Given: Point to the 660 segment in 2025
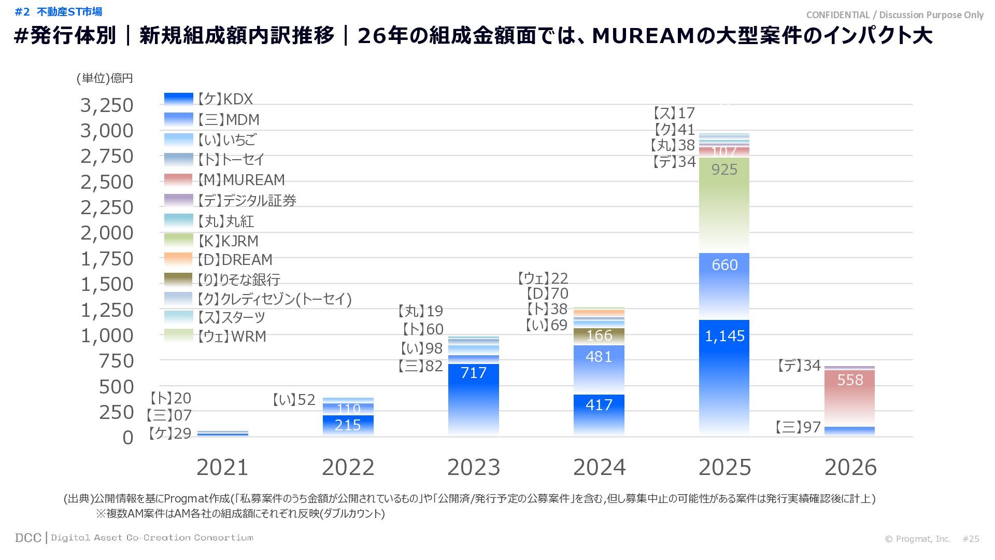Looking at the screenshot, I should (724, 286).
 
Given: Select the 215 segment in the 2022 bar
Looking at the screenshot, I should (348, 425).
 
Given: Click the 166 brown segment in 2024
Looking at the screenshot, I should (599, 336).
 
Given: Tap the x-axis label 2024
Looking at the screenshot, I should (599, 467).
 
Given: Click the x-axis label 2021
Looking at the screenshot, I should (222, 467).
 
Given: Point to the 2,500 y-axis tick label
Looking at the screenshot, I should (107, 182).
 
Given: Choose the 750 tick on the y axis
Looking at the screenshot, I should (116, 361).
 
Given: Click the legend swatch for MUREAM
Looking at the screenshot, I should (178, 179).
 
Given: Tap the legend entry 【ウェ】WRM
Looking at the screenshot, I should (232, 336).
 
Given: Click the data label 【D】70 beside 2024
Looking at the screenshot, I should (547, 293).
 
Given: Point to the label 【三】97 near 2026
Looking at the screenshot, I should (798, 427).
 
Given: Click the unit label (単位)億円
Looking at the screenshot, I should (105, 78).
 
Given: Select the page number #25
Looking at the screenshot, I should (971, 539).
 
